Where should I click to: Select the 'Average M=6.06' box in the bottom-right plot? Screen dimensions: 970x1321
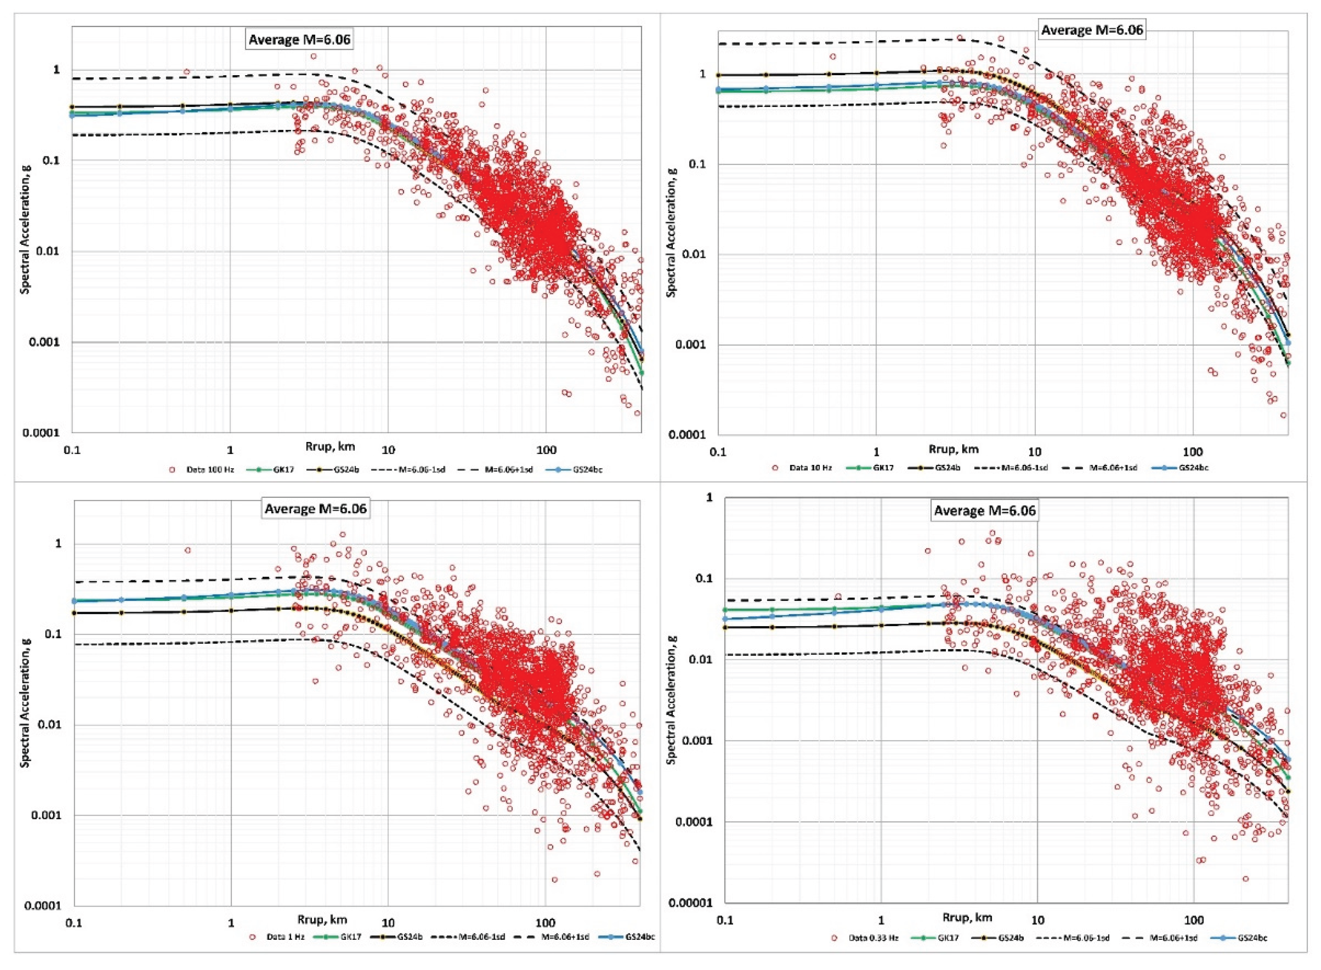(984, 510)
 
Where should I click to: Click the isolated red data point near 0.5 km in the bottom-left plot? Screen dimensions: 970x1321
(188, 550)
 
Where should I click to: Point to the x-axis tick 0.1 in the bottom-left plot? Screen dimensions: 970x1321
(74, 922)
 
